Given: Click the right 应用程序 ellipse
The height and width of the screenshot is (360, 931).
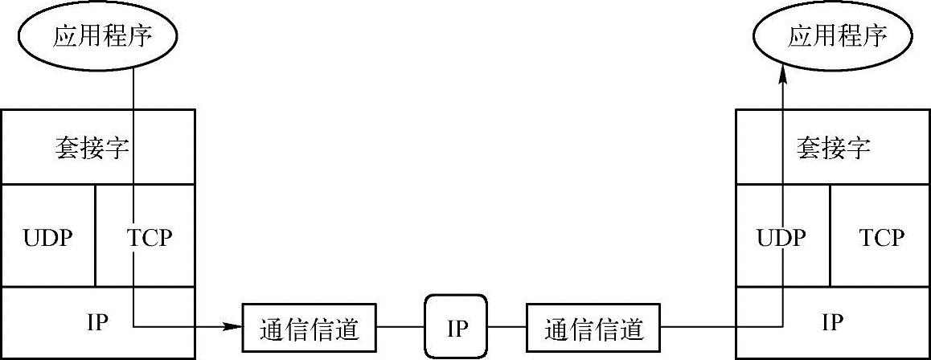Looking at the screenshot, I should click(837, 36).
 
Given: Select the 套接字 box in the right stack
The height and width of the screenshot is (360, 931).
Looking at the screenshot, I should click(834, 147).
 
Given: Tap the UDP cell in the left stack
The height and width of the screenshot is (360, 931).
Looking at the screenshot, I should click(48, 239).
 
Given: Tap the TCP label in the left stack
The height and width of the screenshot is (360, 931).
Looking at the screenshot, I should click(150, 239).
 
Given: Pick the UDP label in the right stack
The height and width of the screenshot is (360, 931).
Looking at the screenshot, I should click(780, 239).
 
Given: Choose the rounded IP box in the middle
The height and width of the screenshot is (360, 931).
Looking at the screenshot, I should click(457, 327).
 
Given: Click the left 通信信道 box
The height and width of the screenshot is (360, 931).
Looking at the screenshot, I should click(310, 328).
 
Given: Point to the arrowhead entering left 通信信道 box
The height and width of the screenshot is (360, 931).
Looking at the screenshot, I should click(234, 327).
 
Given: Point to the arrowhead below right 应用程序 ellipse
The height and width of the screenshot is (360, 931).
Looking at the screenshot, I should click(781, 74).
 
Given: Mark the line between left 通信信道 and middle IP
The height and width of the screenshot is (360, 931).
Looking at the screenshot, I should click(401, 327).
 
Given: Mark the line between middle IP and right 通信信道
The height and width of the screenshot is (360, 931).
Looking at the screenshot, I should click(508, 327).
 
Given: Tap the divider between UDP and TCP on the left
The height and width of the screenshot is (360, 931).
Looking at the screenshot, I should click(96, 235).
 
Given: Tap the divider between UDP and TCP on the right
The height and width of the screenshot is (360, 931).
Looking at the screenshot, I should click(831, 235).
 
